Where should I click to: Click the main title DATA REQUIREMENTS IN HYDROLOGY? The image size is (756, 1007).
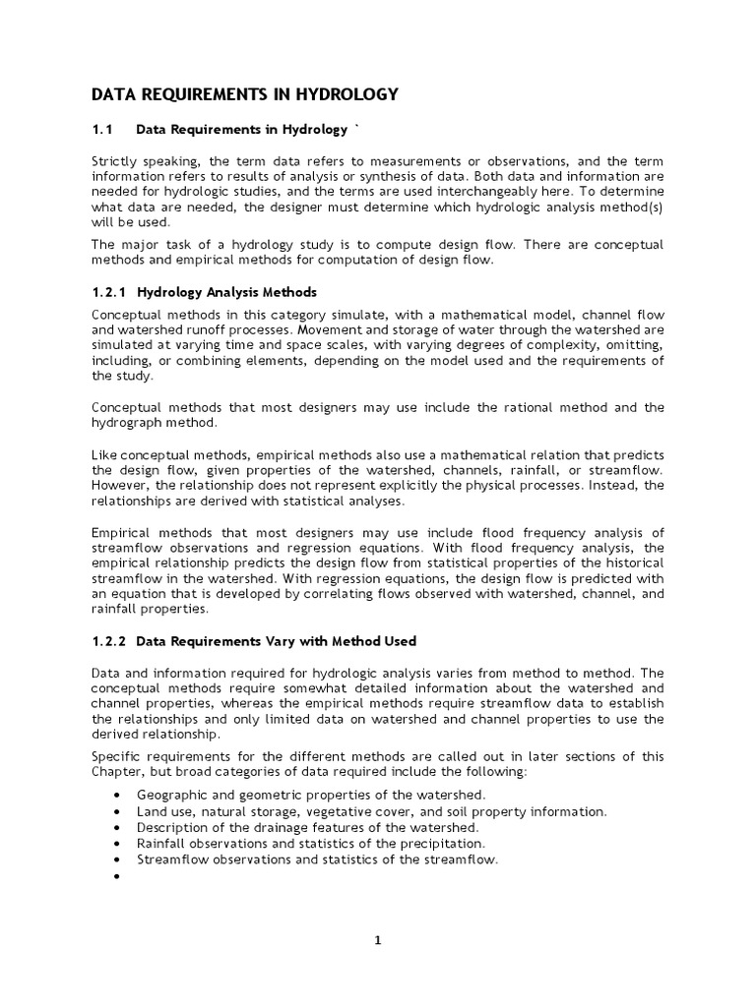click(x=244, y=94)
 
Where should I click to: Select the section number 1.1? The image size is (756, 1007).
click(x=103, y=129)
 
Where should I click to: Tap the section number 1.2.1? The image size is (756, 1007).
click(x=110, y=292)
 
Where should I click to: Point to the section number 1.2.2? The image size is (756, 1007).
click(x=110, y=641)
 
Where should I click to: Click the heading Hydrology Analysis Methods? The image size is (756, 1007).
click(x=226, y=292)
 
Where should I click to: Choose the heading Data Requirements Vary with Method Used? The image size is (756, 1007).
click(x=277, y=641)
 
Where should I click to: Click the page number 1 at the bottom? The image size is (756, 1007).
click(x=377, y=940)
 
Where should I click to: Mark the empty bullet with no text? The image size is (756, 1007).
click(x=118, y=875)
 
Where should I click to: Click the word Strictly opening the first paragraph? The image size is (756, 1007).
click(x=114, y=161)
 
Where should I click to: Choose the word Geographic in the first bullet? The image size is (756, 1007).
click(x=171, y=794)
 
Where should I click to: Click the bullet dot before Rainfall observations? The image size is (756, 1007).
click(x=118, y=843)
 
